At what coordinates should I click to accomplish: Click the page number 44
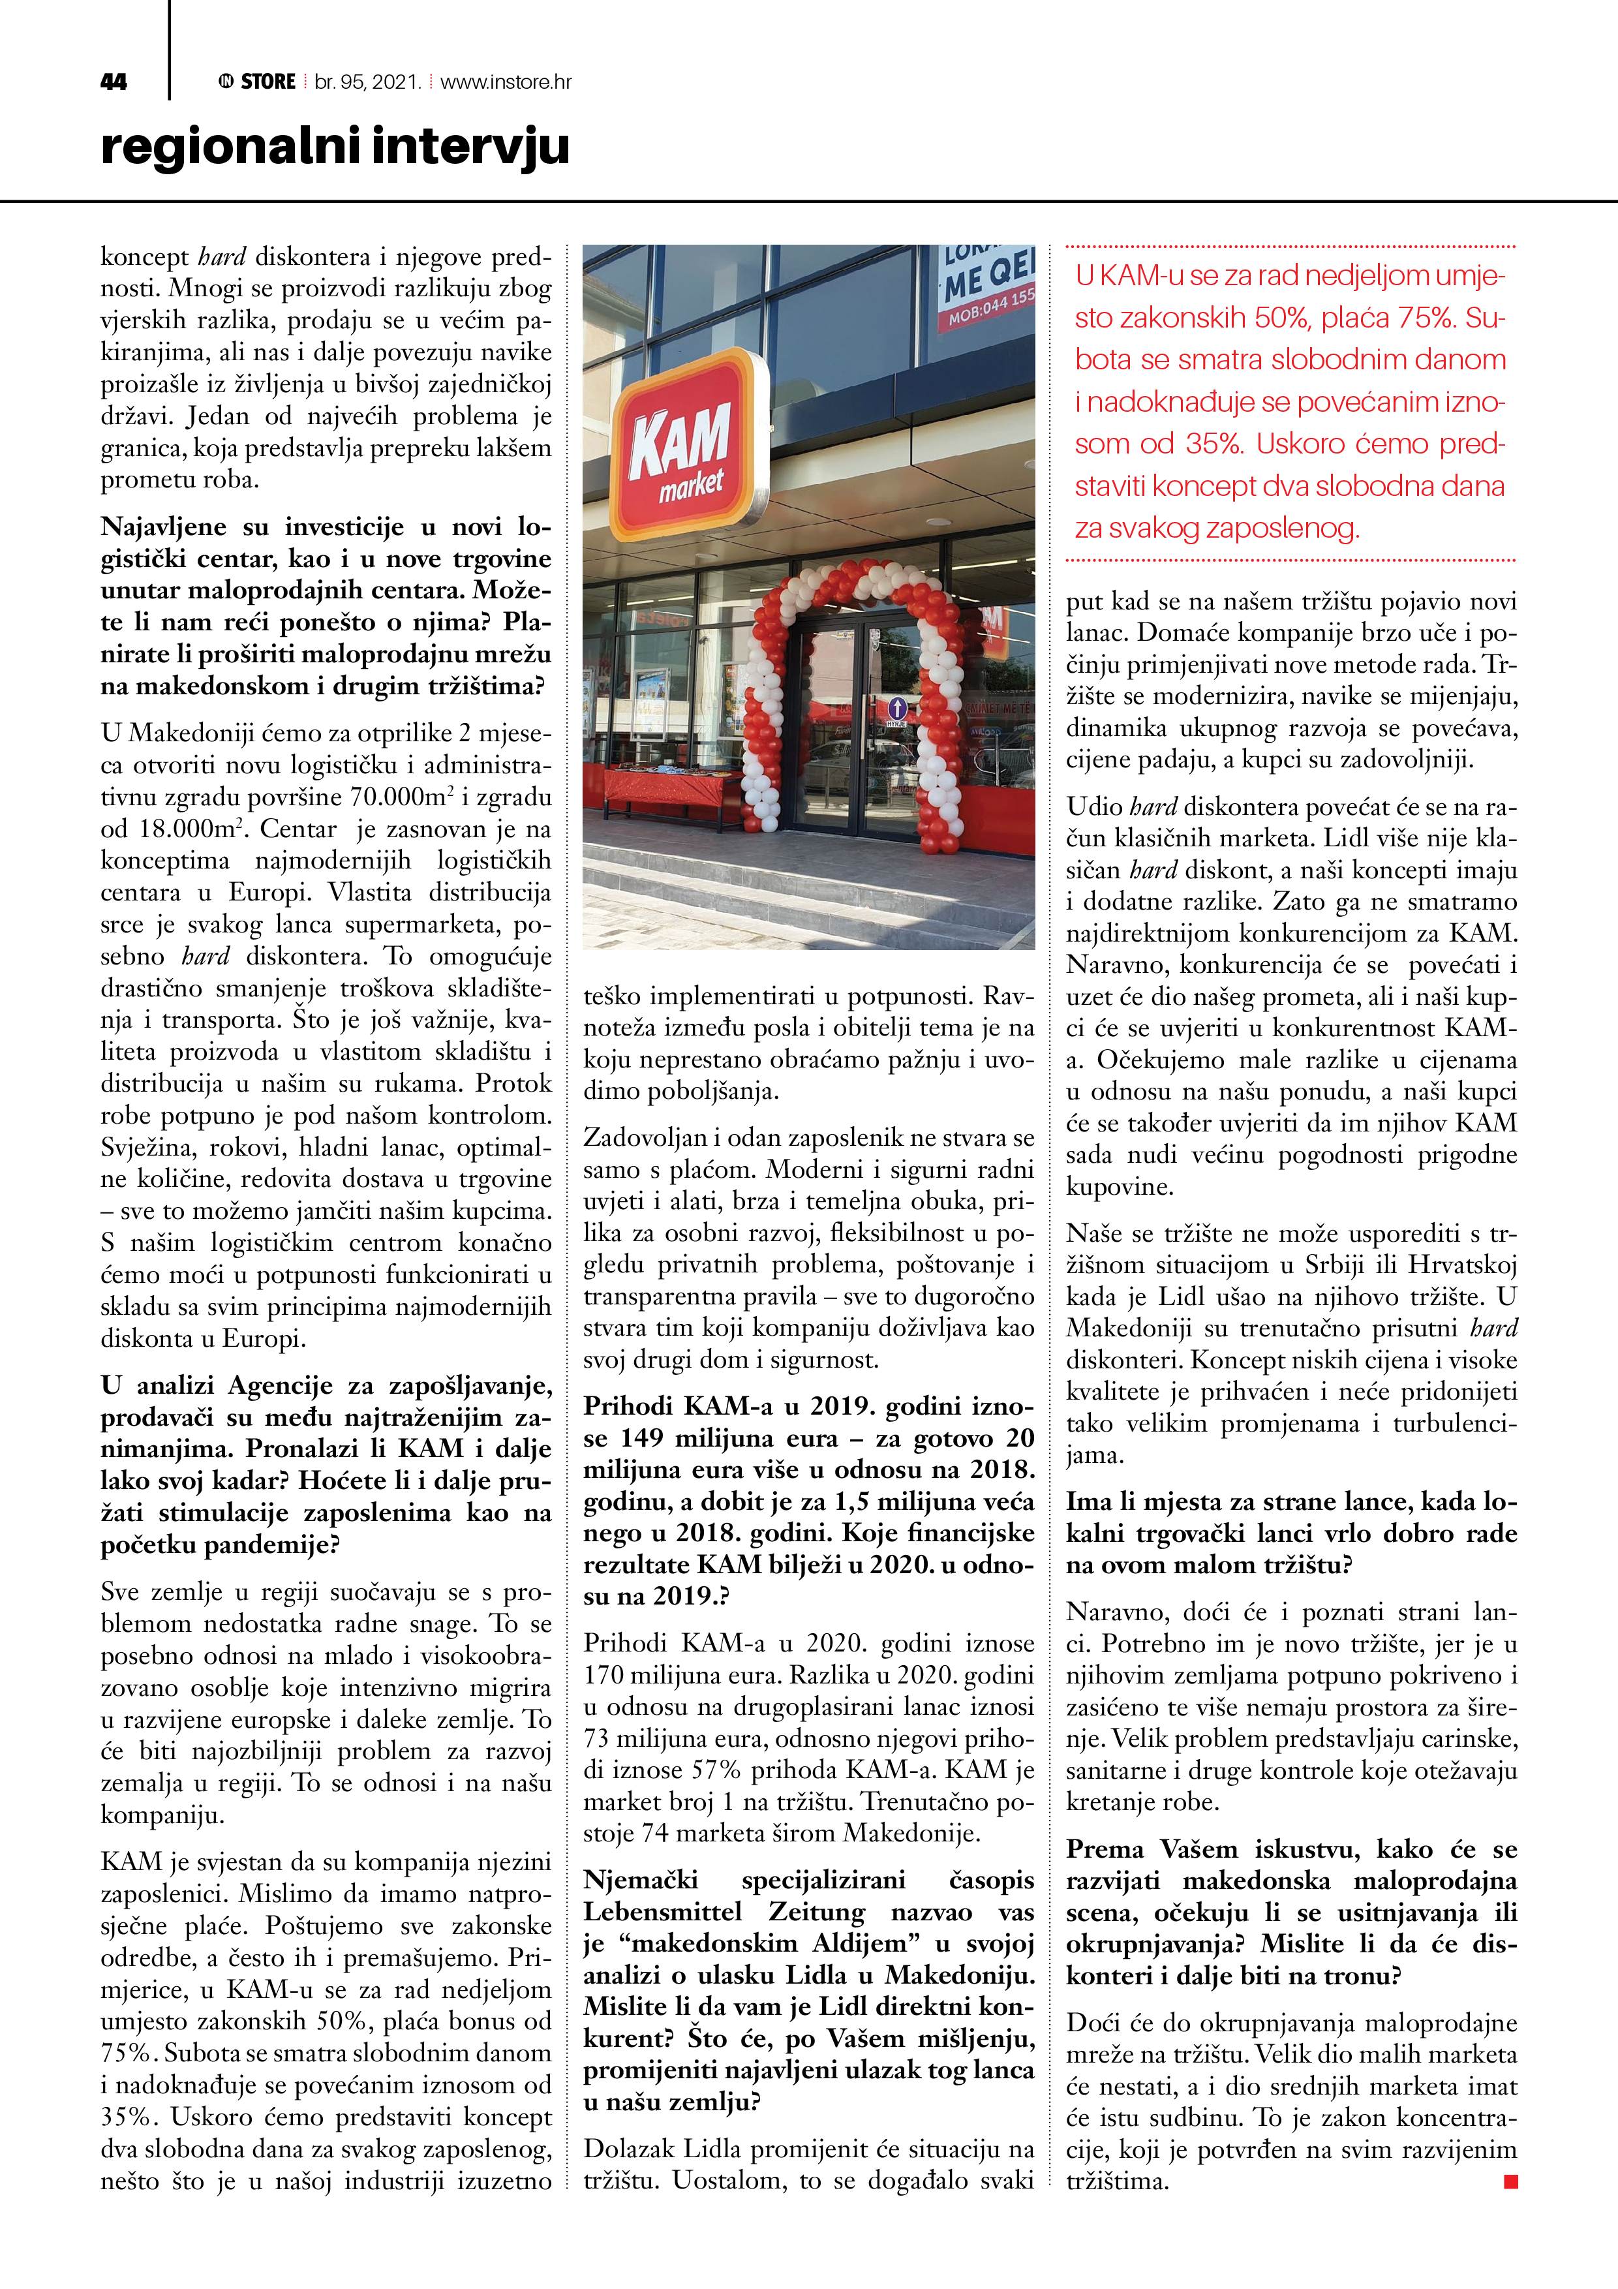pos(114,82)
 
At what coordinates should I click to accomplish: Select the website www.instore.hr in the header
pos(506,82)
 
